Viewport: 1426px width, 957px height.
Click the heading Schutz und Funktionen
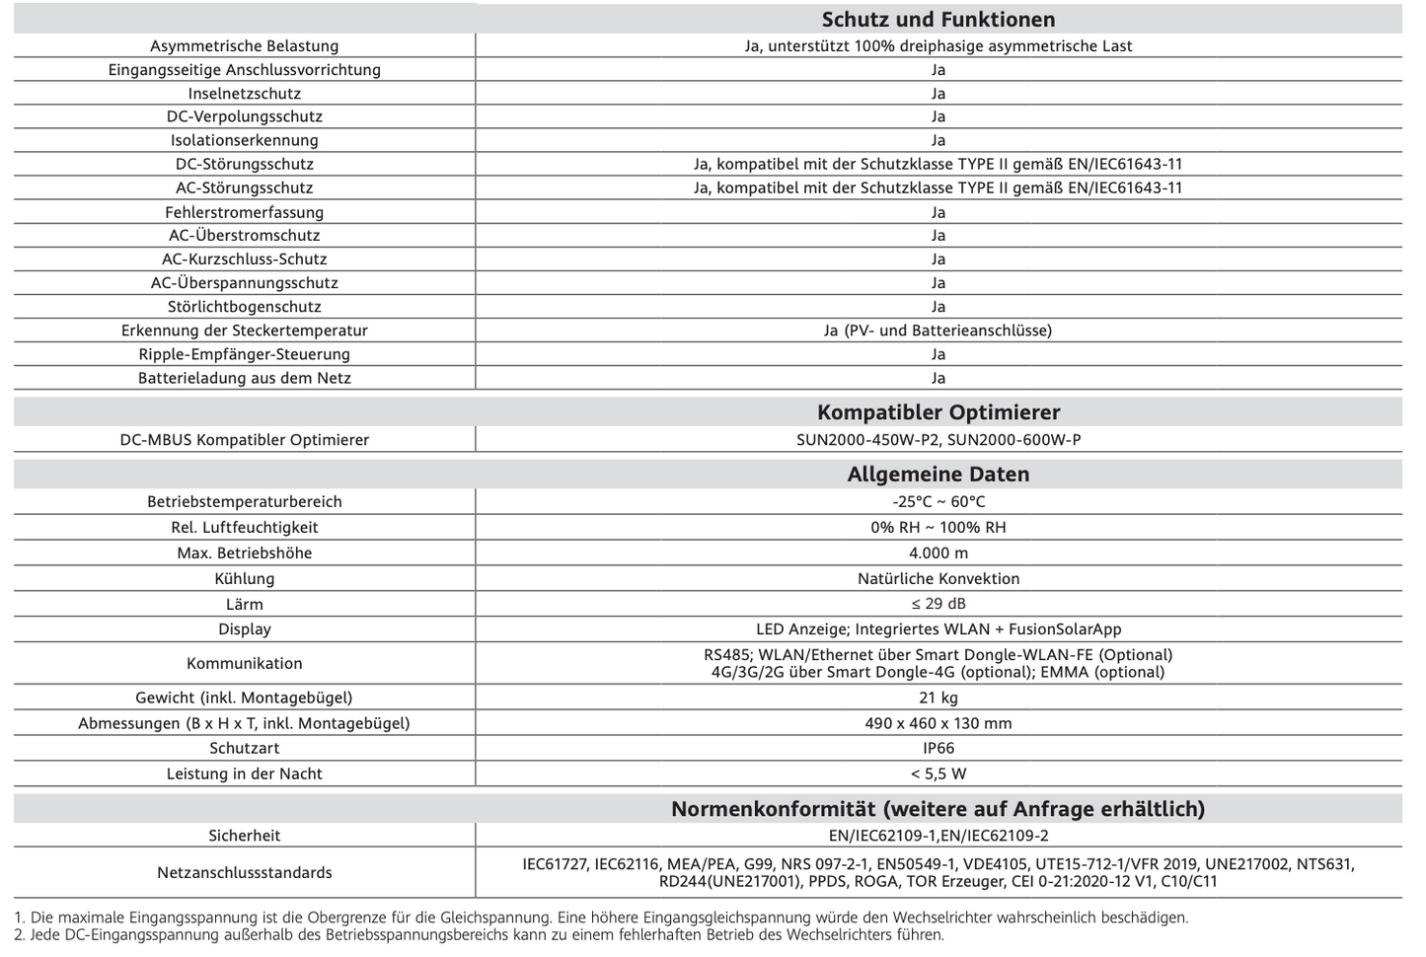point(938,20)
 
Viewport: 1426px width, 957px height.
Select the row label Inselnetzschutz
point(244,94)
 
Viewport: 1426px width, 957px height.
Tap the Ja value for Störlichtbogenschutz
point(938,307)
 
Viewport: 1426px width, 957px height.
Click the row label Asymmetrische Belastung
point(244,46)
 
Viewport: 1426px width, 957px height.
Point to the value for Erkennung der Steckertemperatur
point(938,331)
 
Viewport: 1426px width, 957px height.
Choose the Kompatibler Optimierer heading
point(938,412)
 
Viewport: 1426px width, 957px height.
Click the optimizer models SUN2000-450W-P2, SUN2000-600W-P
point(938,440)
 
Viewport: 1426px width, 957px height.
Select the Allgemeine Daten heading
point(938,475)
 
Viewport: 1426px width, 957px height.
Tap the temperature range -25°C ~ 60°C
point(938,501)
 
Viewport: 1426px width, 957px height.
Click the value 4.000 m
point(938,552)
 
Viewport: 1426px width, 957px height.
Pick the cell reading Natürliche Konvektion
point(938,578)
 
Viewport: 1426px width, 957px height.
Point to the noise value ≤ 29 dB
point(938,604)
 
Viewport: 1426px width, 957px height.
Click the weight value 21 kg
point(938,698)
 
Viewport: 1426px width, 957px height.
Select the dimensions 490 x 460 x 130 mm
point(938,723)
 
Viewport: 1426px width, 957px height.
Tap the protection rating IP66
point(938,748)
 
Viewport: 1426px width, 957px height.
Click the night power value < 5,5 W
point(938,773)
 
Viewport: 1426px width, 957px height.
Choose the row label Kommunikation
point(244,663)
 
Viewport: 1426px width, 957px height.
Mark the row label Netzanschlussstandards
point(244,872)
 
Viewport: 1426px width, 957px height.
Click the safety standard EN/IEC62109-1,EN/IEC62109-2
point(938,836)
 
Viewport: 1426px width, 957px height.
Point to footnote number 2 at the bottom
point(20,934)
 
